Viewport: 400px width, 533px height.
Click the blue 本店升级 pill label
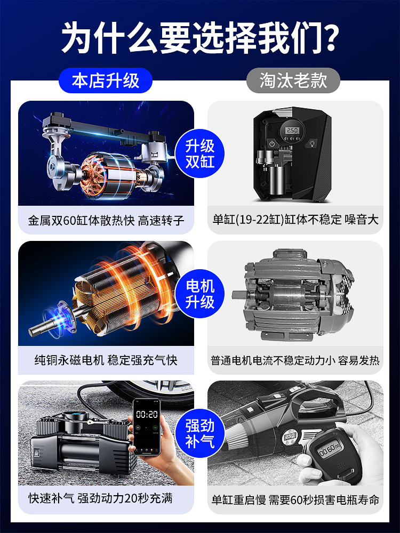click(106, 80)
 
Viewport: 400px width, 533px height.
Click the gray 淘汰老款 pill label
click(293, 80)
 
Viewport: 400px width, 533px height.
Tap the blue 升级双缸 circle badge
click(199, 154)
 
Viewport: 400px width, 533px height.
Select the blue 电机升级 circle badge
click(199, 294)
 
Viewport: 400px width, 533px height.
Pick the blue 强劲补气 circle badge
click(199, 433)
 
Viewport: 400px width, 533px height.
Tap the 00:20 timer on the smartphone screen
click(147, 414)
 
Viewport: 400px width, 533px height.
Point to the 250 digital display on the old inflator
click(292, 130)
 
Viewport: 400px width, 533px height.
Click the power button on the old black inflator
click(272, 144)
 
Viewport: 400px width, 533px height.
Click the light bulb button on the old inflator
click(311, 143)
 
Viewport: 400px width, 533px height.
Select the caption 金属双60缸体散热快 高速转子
click(106, 220)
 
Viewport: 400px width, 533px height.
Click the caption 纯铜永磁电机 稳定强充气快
click(106, 360)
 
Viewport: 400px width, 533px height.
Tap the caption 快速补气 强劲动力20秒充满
click(100, 498)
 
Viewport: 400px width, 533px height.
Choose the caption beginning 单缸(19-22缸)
click(295, 220)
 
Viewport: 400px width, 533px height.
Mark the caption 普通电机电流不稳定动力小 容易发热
click(295, 360)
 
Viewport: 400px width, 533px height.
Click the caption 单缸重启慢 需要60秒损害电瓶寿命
click(295, 500)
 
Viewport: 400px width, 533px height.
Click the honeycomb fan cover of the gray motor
click(343, 291)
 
